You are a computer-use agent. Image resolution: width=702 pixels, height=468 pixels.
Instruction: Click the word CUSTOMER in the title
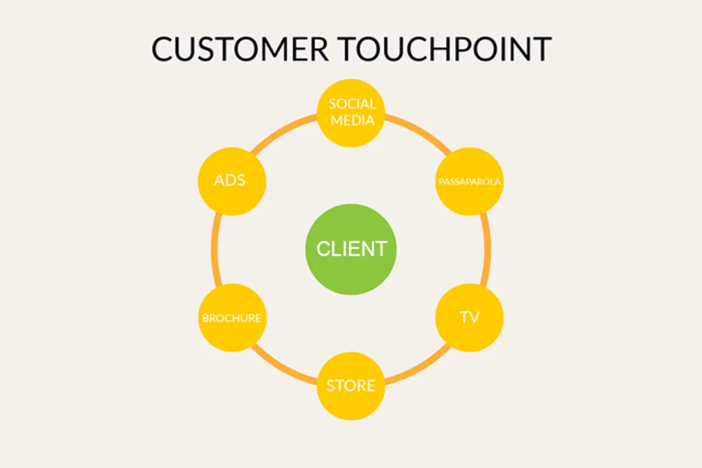click(240, 49)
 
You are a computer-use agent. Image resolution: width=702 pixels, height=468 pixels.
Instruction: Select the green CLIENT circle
click(351, 249)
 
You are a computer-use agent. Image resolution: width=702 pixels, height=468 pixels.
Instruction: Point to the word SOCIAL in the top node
click(352, 105)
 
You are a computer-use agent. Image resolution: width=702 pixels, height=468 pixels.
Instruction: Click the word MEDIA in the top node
click(352, 121)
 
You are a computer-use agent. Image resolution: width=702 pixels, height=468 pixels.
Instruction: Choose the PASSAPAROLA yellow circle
click(470, 181)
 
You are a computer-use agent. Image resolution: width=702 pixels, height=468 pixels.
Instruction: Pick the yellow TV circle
click(470, 318)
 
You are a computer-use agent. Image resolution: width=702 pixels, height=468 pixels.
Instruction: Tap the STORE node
click(351, 386)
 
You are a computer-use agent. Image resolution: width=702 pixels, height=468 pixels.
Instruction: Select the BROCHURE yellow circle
click(232, 318)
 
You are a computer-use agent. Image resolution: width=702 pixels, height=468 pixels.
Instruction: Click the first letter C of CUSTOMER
click(164, 49)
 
